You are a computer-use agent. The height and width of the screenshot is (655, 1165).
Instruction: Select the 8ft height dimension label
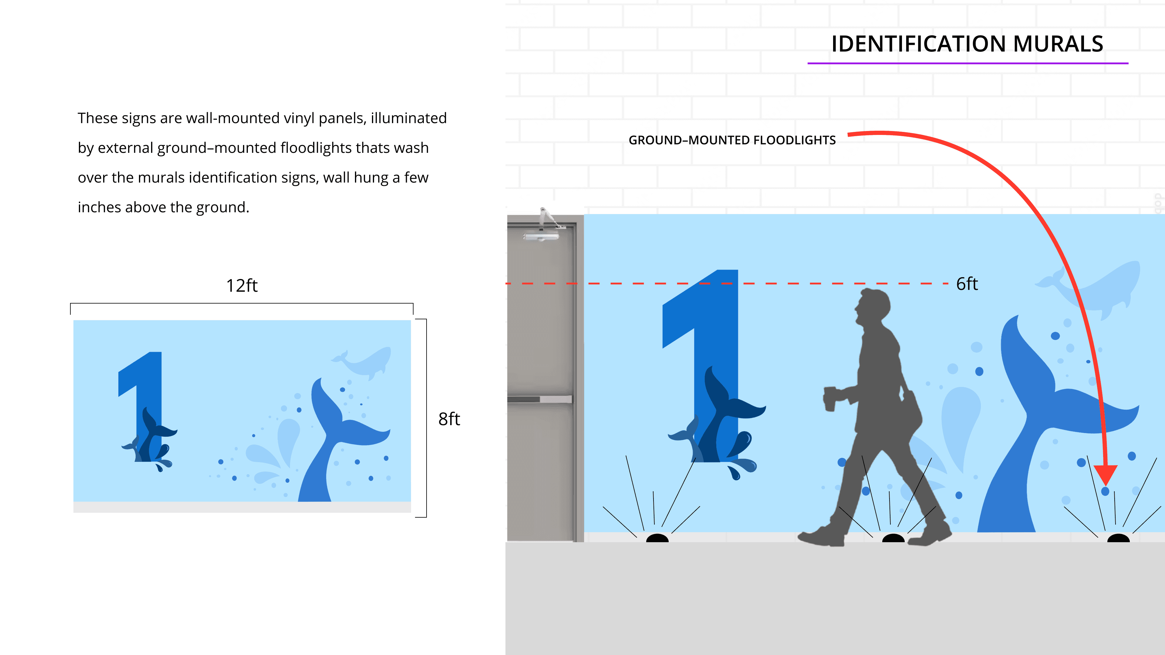click(x=449, y=419)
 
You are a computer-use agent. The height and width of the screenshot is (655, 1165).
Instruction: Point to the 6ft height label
click(x=967, y=284)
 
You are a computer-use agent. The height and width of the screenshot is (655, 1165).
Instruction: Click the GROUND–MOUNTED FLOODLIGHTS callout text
click(x=732, y=140)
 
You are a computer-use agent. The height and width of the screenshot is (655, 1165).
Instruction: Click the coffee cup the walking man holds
click(x=829, y=399)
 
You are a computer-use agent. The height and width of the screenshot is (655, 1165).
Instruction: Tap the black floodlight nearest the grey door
click(x=657, y=538)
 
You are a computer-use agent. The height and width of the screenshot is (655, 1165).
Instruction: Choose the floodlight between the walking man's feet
click(x=893, y=538)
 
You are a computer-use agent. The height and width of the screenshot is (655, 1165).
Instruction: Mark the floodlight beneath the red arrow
click(x=1118, y=538)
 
